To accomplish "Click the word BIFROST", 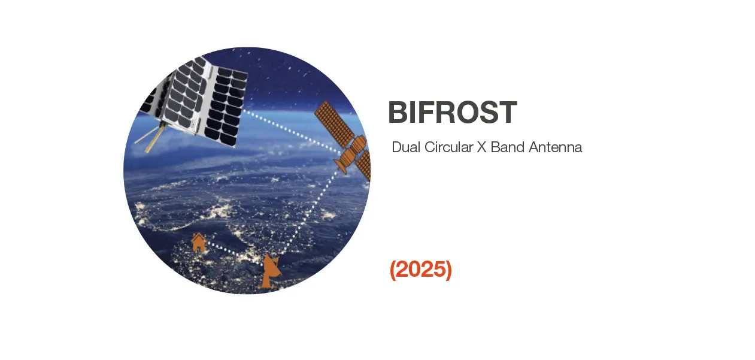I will [452, 113].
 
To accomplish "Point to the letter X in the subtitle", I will [481, 147].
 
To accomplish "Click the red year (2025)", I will [421, 270].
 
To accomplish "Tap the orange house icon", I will [198, 243].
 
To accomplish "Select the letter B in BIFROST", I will [398, 113].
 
